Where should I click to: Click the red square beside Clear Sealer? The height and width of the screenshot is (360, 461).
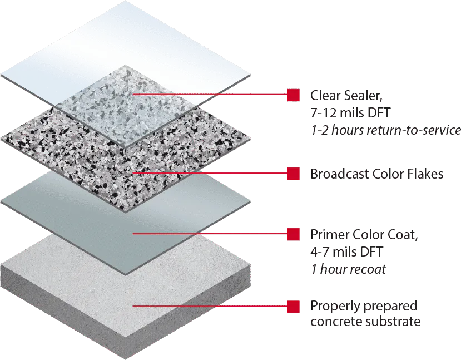293,95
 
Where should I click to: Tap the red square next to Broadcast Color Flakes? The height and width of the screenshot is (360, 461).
293,174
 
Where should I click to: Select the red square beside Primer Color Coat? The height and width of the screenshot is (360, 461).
293,234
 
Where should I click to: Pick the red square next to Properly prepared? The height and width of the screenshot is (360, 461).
293,307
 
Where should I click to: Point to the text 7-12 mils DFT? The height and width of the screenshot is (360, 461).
350,112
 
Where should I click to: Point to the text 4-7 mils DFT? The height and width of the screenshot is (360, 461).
346,251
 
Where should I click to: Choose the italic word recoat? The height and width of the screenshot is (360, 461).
368,269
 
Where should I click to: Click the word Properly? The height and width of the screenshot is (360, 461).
334,307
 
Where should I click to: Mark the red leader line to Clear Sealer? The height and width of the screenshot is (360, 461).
210,95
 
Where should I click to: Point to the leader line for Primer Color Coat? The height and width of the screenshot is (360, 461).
210,234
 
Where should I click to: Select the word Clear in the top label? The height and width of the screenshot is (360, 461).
325,96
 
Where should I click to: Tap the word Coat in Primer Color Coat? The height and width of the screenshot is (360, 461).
403,234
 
